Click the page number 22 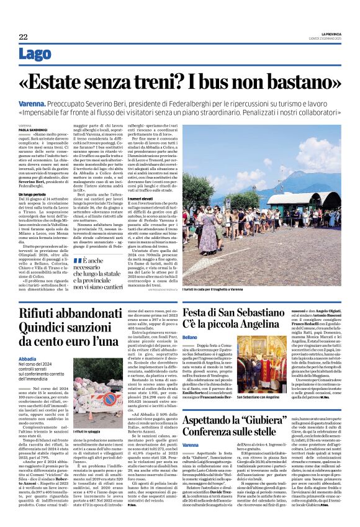pos(23,37)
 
